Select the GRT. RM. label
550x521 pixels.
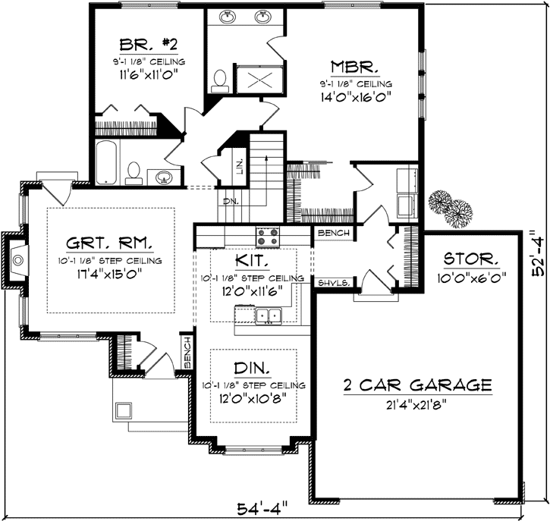tap(110, 243)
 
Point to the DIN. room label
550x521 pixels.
tap(253, 369)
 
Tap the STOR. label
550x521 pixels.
tap(471, 259)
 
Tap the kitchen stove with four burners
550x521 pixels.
tap(267, 237)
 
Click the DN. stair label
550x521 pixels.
tap(231, 202)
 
